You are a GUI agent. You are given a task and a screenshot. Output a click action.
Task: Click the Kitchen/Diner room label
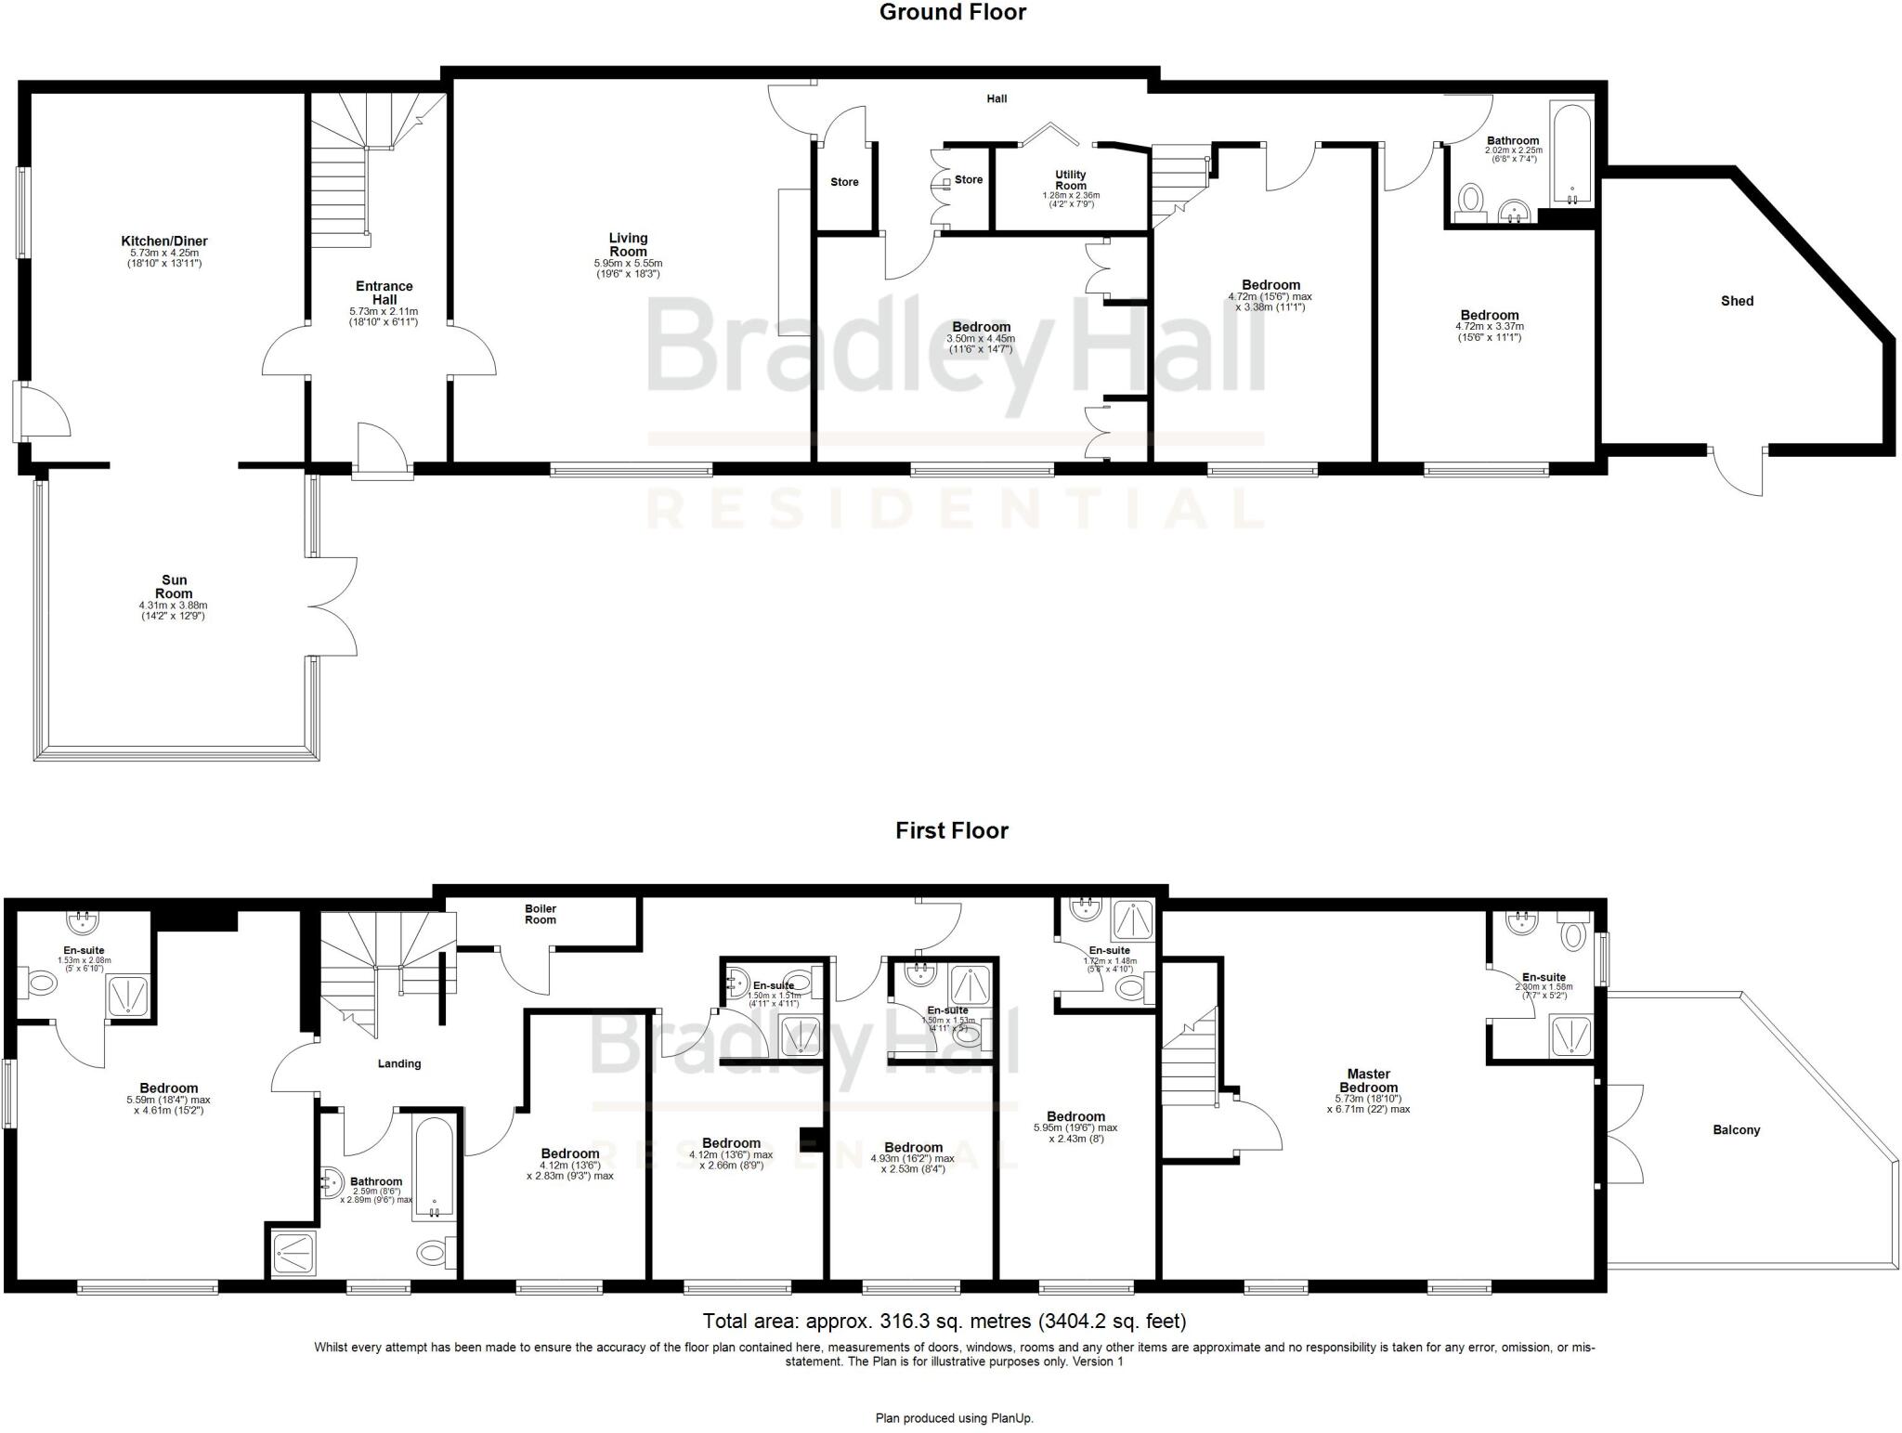tap(164, 241)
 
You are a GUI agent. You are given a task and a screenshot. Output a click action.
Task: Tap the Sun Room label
tap(174, 587)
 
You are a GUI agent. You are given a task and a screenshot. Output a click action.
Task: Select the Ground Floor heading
tap(952, 13)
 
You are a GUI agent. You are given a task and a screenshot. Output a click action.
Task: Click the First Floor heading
tap(951, 830)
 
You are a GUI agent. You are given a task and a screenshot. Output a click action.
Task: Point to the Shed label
tap(1737, 301)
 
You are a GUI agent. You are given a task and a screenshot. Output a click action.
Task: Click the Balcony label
tap(1736, 1130)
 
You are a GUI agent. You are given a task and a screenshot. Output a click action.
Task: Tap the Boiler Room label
tap(541, 914)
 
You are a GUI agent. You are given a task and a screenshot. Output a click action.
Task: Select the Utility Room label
tap(1070, 180)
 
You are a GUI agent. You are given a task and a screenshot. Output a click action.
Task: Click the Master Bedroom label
tap(1368, 1080)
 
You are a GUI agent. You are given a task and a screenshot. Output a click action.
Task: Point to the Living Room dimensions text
tap(628, 268)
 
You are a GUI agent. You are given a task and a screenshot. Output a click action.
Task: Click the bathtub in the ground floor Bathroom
tap(1570, 155)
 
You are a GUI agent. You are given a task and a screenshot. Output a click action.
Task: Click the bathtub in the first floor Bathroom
tap(434, 1166)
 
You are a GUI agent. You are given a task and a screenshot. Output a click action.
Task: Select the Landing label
tap(399, 1063)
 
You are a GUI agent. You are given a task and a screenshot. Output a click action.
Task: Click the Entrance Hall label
tap(384, 293)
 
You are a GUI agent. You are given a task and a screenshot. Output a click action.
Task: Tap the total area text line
tap(944, 1321)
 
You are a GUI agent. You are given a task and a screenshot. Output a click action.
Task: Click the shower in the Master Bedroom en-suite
tap(1571, 1036)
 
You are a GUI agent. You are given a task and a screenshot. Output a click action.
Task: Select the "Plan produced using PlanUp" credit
tap(954, 1418)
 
